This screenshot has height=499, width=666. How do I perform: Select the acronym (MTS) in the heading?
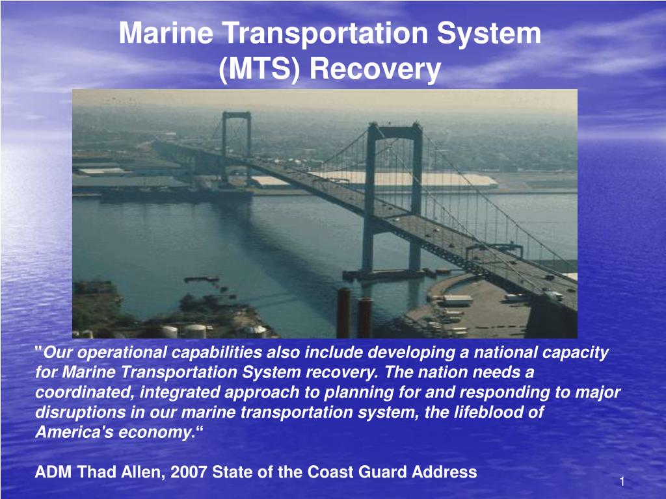(x=260, y=69)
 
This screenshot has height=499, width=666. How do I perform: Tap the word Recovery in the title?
(x=375, y=69)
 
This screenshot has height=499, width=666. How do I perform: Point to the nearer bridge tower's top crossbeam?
(x=394, y=131)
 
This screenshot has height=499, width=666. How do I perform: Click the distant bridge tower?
(x=235, y=146)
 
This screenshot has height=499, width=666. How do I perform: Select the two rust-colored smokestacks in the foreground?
(x=354, y=313)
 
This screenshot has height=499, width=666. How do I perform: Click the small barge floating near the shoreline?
(x=201, y=279)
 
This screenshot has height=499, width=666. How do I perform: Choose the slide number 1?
(x=622, y=481)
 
